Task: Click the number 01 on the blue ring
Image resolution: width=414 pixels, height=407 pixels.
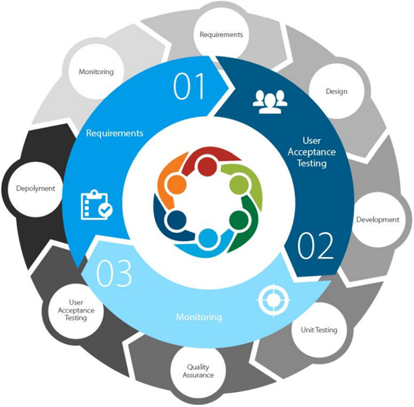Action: click(x=189, y=86)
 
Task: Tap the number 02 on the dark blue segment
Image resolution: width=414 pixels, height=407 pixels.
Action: click(x=316, y=245)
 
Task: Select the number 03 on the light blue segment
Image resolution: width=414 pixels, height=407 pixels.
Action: click(x=114, y=273)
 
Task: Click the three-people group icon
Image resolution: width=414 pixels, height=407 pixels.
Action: click(x=270, y=102)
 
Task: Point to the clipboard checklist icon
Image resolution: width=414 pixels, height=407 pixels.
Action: click(x=96, y=205)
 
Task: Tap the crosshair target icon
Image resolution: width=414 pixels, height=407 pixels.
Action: click(x=274, y=300)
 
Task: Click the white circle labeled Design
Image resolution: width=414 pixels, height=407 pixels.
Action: click(x=336, y=91)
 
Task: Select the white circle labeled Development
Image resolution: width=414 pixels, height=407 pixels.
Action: click(x=378, y=219)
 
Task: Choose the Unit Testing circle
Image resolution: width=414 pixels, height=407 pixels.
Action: click(x=319, y=330)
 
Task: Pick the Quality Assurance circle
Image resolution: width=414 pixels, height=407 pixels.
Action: click(x=198, y=371)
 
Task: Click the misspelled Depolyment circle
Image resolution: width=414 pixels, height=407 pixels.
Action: click(x=35, y=189)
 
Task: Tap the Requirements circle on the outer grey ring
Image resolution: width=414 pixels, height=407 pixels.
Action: click(x=221, y=35)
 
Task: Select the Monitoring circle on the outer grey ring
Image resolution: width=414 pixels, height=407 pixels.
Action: click(x=96, y=72)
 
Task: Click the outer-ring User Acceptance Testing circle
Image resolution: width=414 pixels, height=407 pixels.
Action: click(x=76, y=310)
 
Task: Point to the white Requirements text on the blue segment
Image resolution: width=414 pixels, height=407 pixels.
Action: click(x=115, y=133)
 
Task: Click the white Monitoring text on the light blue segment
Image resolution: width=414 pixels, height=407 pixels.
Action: click(x=199, y=317)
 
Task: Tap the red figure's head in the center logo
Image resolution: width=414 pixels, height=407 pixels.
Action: click(x=208, y=165)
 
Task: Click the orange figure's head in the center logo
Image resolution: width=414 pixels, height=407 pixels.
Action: click(x=177, y=184)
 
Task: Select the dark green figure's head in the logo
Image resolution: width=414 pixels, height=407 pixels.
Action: click(x=239, y=220)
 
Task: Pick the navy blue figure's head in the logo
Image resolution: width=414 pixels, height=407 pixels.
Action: click(x=177, y=220)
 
